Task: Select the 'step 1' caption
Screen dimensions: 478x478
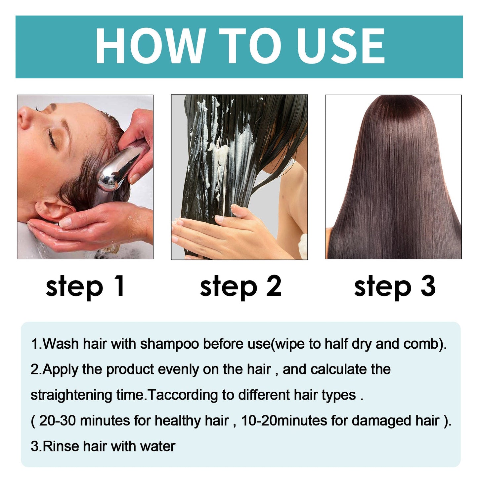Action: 85,286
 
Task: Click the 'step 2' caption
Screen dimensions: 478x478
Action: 240,286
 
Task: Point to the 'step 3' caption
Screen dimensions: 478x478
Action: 395,286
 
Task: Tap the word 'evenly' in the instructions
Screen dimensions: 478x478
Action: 178,369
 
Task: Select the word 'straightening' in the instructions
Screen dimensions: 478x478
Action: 71,395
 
